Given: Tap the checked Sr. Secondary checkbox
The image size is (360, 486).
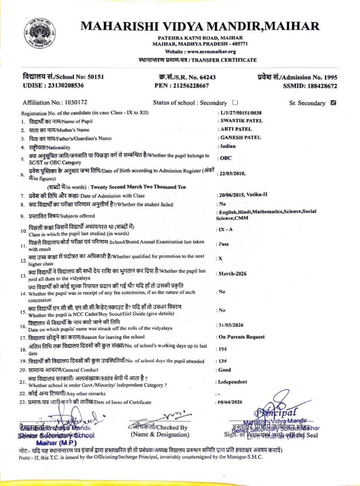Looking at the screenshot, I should click(x=333, y=103).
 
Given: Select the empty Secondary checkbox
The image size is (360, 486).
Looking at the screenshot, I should click(x=235, y=103).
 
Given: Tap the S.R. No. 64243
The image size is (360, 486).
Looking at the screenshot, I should click(x=208, y=77).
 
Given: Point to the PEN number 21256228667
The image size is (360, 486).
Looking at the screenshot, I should click(x=191, y=86).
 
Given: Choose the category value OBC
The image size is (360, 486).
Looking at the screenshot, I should click(x=226, y=158).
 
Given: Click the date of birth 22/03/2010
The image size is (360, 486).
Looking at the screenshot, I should click(x=232, y=174).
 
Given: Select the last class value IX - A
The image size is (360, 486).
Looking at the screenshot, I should click(x=226, y=230).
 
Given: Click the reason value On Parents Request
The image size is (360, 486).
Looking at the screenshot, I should click(x=241, y=337).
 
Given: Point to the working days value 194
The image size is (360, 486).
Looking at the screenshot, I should click(x=223, y=349).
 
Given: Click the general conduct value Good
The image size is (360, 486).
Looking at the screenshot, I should click(x=225, y=370).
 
